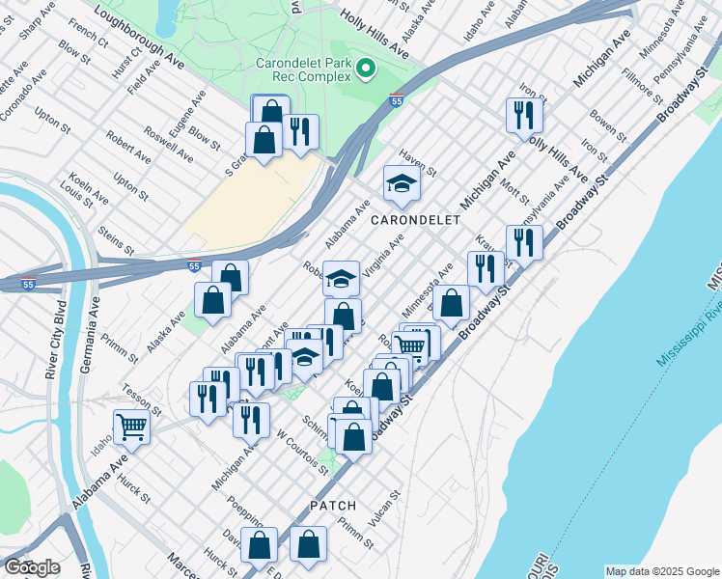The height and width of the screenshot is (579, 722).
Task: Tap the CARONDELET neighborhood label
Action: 415,220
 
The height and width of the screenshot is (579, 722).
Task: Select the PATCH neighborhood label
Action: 334,506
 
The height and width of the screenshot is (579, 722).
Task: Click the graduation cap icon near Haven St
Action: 402,181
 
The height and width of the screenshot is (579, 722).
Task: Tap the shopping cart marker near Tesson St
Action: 131,426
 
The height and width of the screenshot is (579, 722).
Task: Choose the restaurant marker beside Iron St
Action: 524,116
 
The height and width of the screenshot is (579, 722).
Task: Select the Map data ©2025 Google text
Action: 661,571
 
